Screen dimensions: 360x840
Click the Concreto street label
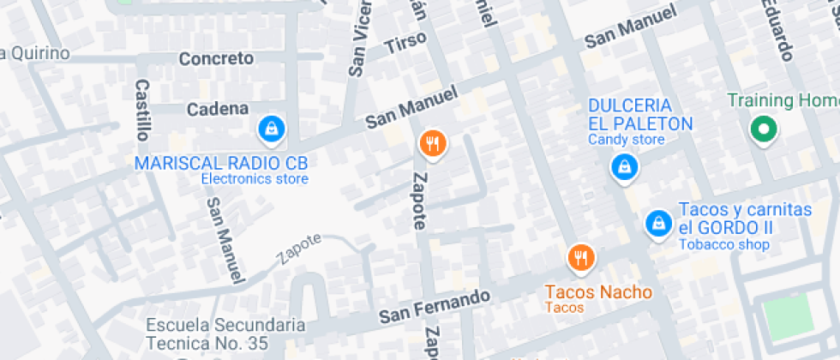pos(216,58)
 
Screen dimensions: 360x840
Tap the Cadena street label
pos(218,109)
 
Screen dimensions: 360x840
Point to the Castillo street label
pos(142,110)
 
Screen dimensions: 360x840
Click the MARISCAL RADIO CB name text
pos(221,163)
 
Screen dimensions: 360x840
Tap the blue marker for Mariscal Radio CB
pos(272,129)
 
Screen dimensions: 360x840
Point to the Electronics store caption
pos(255,179)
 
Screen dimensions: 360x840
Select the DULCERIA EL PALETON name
pos(640,114)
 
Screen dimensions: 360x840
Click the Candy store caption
pos(627,140)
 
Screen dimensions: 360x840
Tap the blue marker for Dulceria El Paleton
pos(625,167)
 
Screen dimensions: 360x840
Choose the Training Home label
pos(783,100)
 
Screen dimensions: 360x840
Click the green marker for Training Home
pos(762,130)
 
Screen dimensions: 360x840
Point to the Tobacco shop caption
pos(723,245)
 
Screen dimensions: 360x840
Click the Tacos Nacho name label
pos(598,292)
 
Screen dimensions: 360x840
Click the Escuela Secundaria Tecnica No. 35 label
pos(225,334)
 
